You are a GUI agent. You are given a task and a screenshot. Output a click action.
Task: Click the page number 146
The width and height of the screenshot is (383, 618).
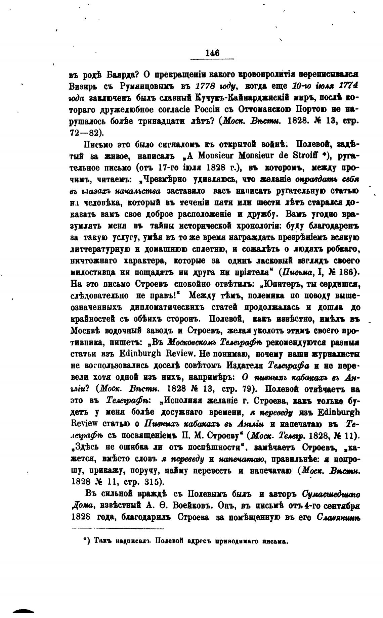[212, 53]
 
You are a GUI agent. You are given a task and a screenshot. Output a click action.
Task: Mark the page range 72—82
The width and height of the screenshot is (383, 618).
[84, 133]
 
